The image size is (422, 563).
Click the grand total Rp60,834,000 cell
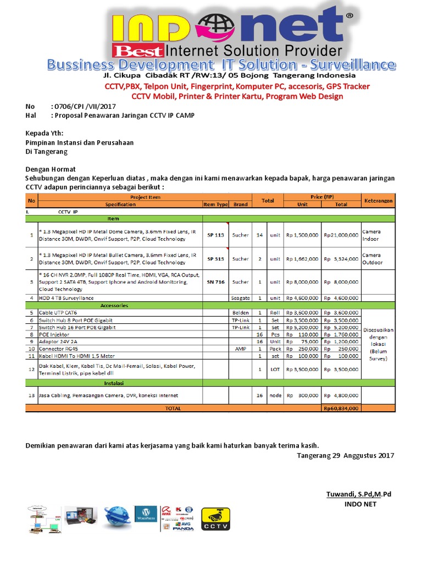(x=341, y=409)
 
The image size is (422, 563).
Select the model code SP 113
(x=215, y=235)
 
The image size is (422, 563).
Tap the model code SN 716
(x=215, y=281)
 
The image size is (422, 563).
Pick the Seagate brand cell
(x=240, y=298)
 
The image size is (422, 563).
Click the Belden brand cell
(x=240, y=313)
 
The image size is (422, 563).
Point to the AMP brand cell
(x=240, y=349)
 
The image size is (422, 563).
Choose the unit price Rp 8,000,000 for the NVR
(x=302, y=281)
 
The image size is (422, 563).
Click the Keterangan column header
(x=377, y=201)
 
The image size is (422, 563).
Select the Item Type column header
(x=215, y=204)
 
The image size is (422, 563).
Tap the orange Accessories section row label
(x=114, y=305)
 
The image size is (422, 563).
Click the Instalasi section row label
(x=114, y=383)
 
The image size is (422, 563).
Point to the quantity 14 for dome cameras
(x=260, y=235)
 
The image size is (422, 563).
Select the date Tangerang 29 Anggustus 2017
(x=345, y=456)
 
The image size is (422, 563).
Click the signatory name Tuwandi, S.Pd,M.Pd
(x=358, y=495)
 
